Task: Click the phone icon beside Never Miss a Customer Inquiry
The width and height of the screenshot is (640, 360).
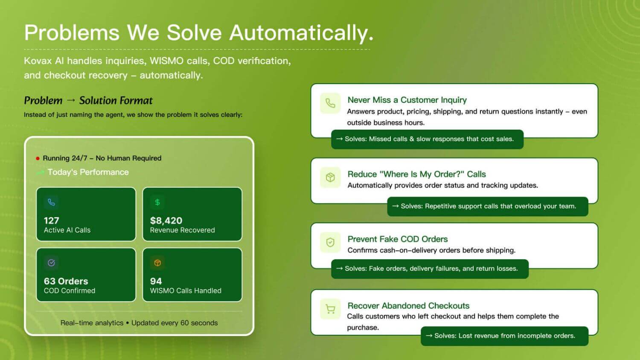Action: pos(330,103)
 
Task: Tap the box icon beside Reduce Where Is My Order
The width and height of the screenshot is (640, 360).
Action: pos(330,177)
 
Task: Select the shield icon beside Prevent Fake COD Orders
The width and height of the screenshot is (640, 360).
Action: pos(330,242)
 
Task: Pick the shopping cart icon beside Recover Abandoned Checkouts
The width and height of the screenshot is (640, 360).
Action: pos(330,309)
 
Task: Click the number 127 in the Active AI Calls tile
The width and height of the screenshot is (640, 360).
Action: pos(52,221)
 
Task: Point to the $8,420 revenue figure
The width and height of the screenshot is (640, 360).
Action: pos(166,221)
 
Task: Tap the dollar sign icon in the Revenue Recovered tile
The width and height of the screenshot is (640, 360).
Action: pos(157,202)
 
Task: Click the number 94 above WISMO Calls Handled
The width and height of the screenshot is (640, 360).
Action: pos(156,281)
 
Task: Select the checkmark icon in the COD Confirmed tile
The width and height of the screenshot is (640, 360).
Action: pos(52,263)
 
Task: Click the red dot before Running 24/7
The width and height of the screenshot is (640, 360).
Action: pos(38,158)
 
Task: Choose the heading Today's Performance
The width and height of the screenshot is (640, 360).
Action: pos(88,172)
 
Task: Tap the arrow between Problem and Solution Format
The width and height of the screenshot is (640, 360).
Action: pos(71,100)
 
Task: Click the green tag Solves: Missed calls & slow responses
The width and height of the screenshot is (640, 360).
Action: pos(427,139)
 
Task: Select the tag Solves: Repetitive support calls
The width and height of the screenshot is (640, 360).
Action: pos(487,206)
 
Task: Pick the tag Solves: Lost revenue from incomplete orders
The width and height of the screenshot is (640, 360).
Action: pos(505,336)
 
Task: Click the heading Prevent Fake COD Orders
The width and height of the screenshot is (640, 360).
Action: pos(397,239)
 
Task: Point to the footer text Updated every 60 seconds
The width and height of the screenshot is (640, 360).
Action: pos(175,323)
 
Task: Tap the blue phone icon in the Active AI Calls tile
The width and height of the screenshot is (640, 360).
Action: pos(52,202)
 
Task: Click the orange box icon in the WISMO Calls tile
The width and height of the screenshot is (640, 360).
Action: pos(157,263)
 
